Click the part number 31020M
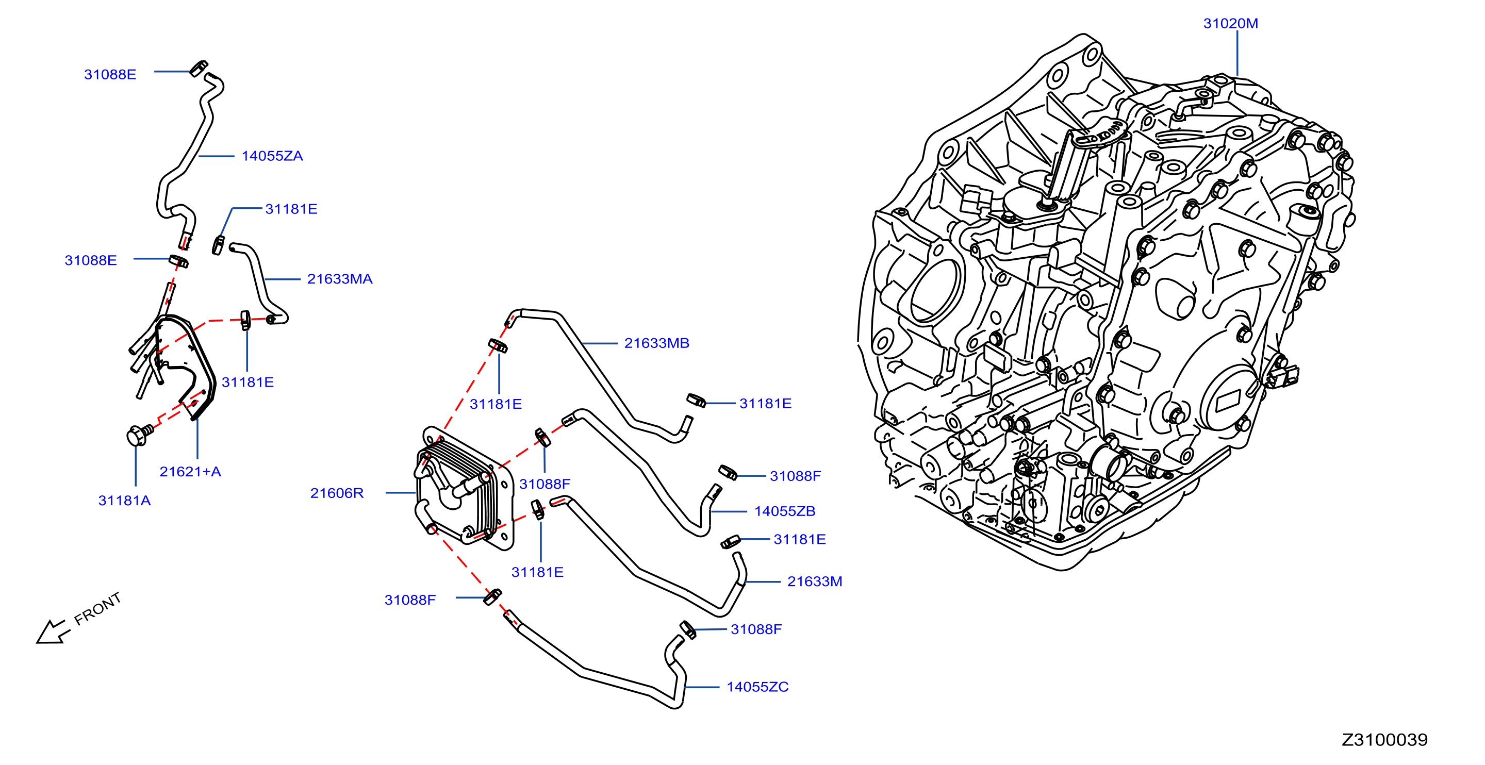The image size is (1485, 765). (x=1230, y=24)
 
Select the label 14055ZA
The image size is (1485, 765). (x=272, y=156)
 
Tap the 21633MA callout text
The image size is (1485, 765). (x=340, y=279)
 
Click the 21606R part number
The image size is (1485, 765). (x=337, y=493)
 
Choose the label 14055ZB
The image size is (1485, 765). (x=785, y=511)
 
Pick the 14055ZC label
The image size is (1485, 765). (x=757, y=687)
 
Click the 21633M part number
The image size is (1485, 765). (x=815, y=581)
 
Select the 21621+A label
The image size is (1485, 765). (x=190, y=472)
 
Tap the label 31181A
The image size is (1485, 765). (x=124, y=501)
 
